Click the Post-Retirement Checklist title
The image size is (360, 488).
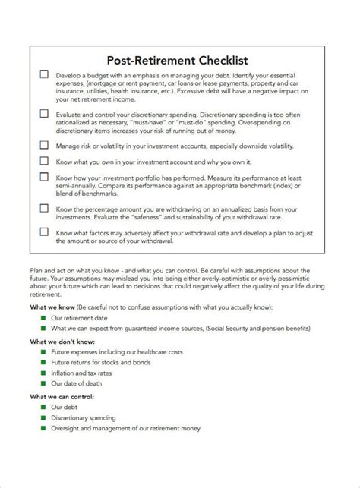[x=180, y=59]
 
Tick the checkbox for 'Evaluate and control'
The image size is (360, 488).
[x=43, y=112]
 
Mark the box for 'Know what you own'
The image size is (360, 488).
[x=43, y=160]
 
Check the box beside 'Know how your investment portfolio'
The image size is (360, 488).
[x=43, y=176]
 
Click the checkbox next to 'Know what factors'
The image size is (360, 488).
[x=43, y=234]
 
